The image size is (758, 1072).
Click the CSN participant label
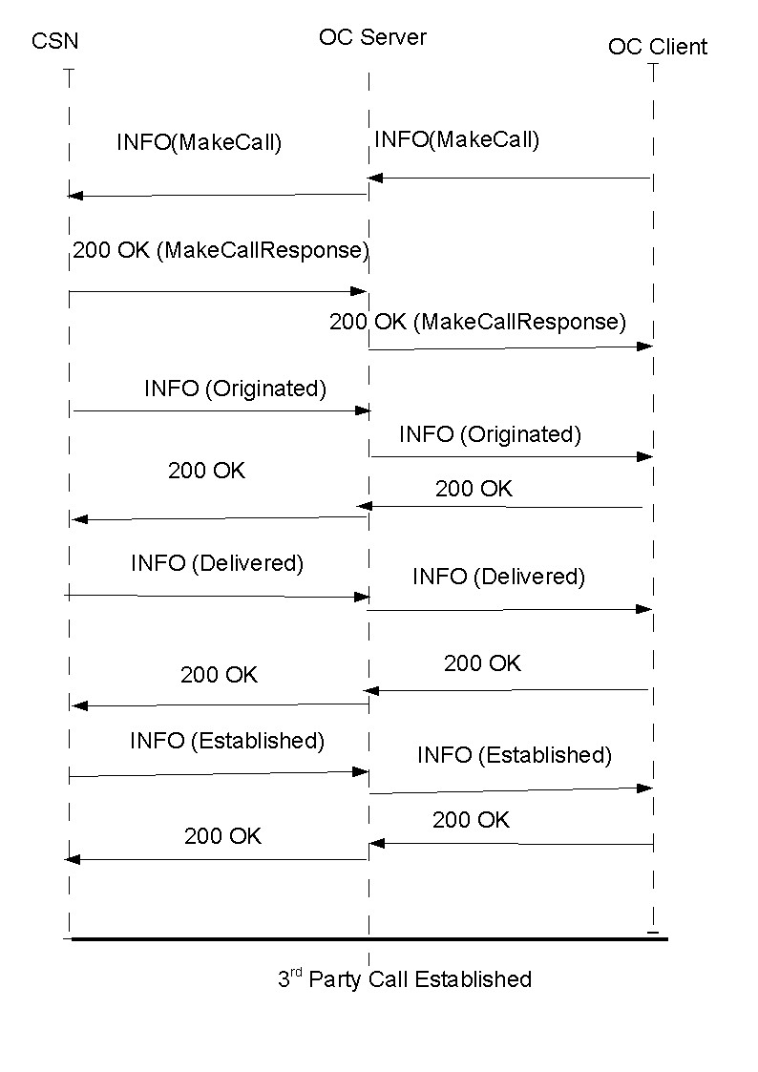point(54,41)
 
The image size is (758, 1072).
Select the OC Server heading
point(372,37)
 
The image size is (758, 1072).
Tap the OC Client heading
point(658,47)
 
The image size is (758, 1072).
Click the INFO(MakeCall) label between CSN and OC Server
point(199,143)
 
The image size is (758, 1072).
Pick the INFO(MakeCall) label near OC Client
point(456,139)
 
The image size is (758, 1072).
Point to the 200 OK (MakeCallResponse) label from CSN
point(220,250)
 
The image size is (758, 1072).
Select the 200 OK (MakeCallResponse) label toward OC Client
point(477,322)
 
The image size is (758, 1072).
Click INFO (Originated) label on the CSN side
point(235,389)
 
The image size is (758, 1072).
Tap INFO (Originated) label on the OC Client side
point(490,434)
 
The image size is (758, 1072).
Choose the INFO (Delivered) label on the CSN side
point(217,563)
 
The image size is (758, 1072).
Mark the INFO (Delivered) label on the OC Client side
point(498,577)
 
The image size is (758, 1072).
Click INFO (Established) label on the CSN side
point(227,740)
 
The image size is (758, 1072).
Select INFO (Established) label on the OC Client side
point(514,755)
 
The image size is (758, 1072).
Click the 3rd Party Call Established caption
point(404,978)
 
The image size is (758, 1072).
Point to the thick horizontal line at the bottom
point(368,939)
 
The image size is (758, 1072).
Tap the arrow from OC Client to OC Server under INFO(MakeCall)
point(510,178)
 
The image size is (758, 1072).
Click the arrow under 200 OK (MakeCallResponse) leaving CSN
point(218,291)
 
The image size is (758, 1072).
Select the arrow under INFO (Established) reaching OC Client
point(510,790)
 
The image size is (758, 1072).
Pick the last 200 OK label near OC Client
point(471,820)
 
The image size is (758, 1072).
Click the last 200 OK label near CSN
point(222,836)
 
